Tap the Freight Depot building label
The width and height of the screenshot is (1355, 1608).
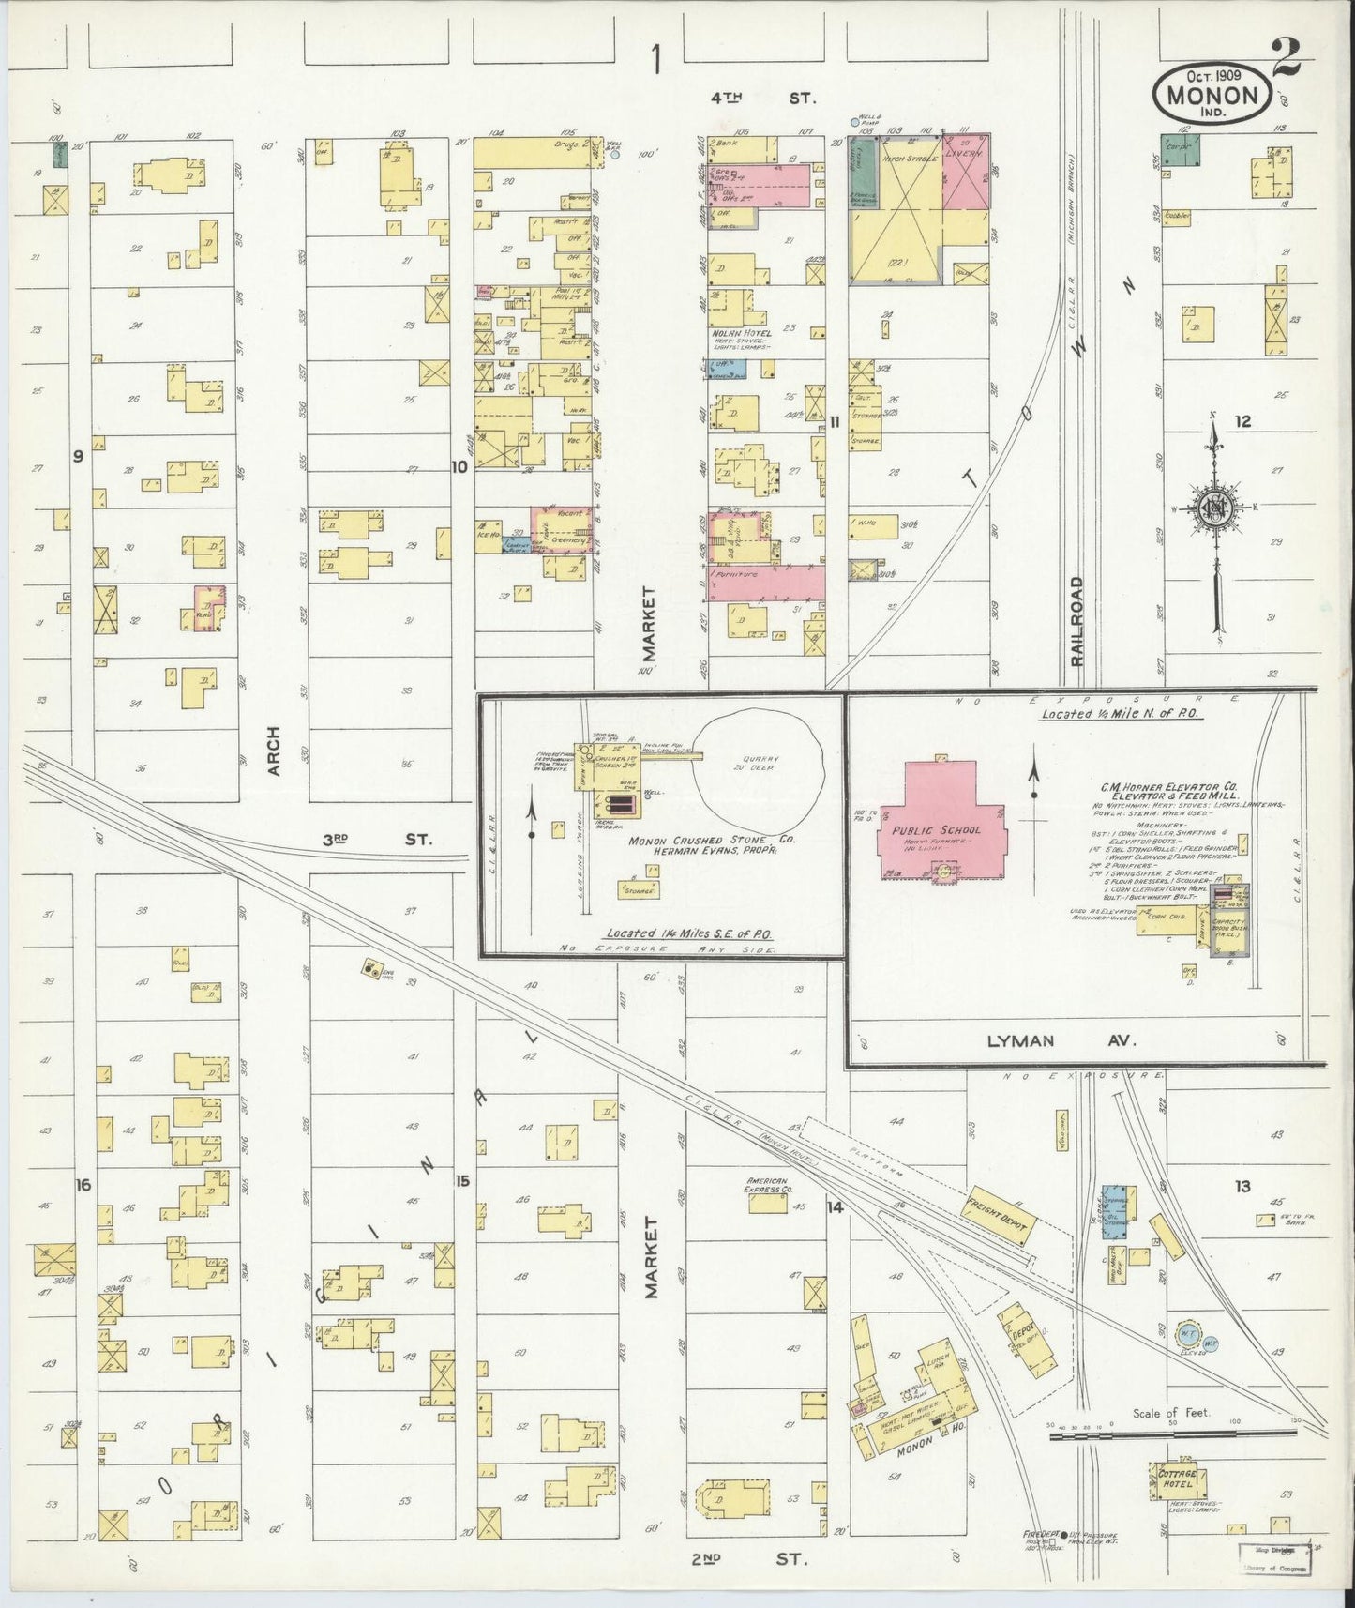tap(998, 1216)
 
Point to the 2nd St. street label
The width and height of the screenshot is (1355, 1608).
tap(749, 1558)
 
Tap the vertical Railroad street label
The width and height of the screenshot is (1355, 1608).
tap(1076, 621)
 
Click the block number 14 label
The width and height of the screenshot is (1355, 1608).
tap(835, 1207)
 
